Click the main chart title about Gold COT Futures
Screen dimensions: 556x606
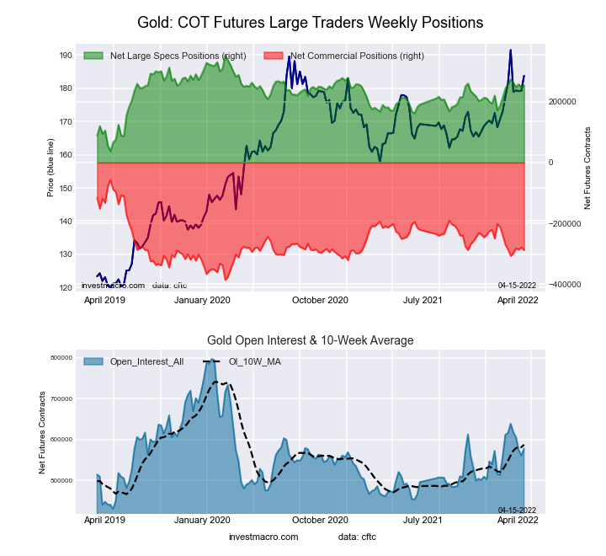tap(310, 23)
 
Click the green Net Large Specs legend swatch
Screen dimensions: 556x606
tap(93, 56)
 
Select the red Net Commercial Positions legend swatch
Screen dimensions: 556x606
tap(273, 56)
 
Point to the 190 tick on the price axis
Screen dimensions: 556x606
tap(65, 56)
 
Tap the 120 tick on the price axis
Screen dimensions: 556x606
tap(65, 287)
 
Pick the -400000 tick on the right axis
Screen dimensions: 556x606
tap(562, 285)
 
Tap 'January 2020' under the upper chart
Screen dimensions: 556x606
tap(201, 299)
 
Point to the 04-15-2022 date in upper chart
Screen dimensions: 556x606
tap(517, 285)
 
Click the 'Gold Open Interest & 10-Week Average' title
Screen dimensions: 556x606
tap(310, 340)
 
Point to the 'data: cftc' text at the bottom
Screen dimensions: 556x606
tap(357, 537)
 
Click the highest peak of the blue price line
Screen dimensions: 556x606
tap(510, 51)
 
